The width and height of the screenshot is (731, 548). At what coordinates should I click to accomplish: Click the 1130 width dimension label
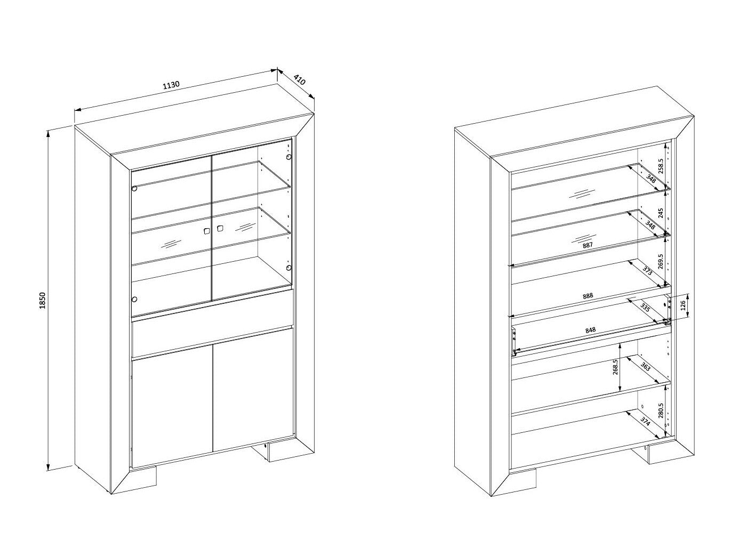[171, 85]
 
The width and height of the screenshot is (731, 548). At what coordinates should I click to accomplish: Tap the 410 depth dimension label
[300, 80]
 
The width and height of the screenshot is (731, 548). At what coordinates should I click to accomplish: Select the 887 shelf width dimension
[588, 245]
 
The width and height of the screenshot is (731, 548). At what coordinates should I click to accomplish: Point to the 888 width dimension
[588, 296]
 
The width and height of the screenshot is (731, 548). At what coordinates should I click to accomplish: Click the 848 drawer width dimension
[590, 331]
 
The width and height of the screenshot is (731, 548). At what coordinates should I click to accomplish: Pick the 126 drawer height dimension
[682, 305]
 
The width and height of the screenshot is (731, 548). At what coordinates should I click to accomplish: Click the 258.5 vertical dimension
[661, 166]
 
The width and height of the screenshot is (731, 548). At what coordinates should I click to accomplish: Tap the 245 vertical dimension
[661, 213]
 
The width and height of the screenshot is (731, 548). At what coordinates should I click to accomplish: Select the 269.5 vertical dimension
[661, 261]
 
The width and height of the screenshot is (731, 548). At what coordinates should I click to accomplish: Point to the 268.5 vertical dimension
[615, 367]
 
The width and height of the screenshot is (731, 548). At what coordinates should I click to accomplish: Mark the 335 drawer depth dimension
[645, 308]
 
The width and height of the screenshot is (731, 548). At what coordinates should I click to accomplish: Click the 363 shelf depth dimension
[645, 367]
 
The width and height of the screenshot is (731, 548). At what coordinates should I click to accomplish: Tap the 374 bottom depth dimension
[645, 422]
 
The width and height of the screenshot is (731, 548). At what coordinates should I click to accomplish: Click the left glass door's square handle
[207, 231]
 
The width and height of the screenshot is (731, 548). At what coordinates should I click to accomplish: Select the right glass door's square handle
[220, 228]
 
